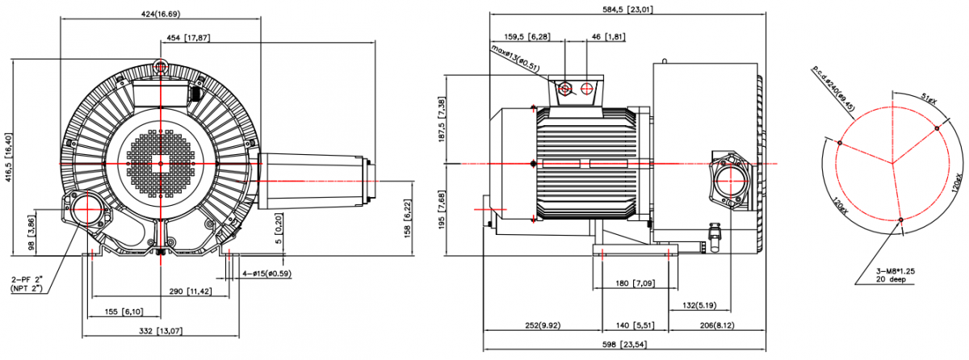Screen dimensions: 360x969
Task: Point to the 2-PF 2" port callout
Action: tap(27, 283)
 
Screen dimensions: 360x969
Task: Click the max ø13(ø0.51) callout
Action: tap(515, 59)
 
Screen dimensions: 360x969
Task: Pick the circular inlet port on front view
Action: tap(85, 211)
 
